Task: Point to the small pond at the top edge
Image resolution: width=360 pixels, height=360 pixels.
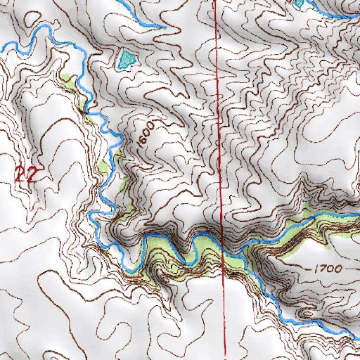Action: [x=300, y=3]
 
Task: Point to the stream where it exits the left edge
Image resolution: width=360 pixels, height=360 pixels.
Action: [x=2, y=46]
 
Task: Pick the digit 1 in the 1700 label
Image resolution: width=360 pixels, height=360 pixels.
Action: [x=311, y=269]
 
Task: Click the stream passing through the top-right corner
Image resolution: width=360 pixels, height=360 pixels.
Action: [x=345, y=11]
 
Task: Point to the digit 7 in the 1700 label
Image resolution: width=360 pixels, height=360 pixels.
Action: [x=319, y=269]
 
